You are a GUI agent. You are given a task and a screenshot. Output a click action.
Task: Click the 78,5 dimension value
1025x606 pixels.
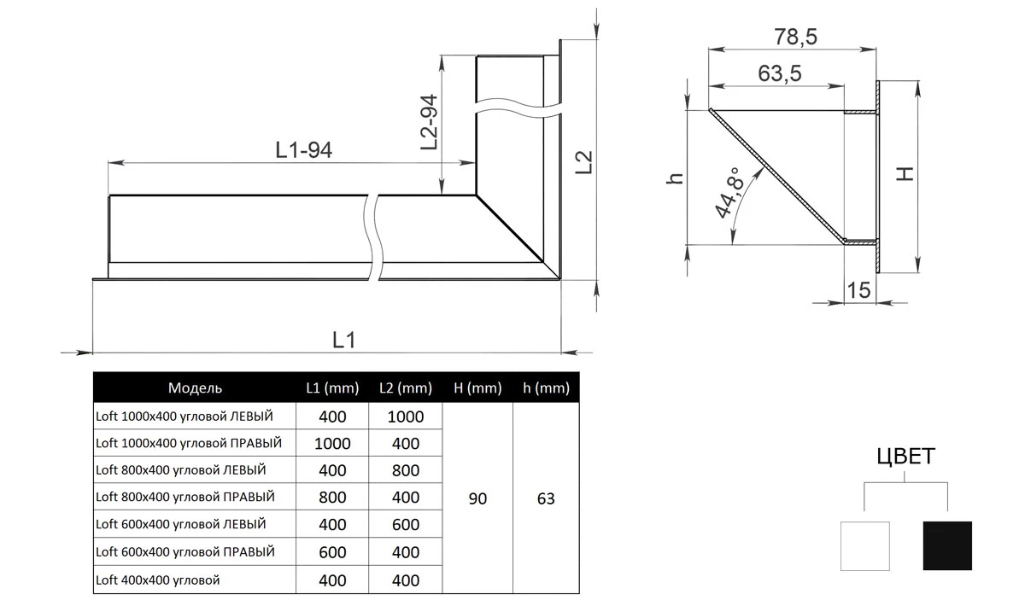pyautogui.click(x=795, y=37)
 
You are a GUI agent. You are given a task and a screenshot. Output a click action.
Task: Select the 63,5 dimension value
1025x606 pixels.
pyautogui.click(x=780, y=73)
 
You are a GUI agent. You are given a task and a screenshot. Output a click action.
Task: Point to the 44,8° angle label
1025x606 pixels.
pyautogui.click(x=730, y=192)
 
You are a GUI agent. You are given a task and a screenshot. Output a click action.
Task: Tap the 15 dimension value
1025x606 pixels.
pyautogui.click(x=858, y=290)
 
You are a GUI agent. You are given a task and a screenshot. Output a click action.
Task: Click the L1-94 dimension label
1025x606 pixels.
pyautogui.click(x=304, y=149)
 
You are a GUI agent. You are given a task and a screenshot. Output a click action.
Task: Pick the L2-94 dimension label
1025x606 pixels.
pyautogui.click(x=429, y=122)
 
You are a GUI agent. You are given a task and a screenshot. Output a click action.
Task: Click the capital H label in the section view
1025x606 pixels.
pyautogui.click(x=905, y=174)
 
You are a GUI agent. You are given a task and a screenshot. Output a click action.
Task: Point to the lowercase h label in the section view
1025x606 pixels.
pyautogui.click(x=675, y=178)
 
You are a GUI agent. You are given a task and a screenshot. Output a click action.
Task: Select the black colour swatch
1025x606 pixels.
pyautogui.click(x=947, y=545)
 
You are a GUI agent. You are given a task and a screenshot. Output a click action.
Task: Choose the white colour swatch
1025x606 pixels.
pyautogui.click(x=864, y=546)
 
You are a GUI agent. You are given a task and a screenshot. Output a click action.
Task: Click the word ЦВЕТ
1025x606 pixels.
pyautogui.click(x=905, y=457)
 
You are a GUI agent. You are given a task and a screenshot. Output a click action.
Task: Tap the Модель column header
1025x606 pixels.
pyautogui.click(x=195, y=387)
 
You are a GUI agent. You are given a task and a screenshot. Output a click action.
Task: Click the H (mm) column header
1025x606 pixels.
pyautogui.click(x=477, y=387)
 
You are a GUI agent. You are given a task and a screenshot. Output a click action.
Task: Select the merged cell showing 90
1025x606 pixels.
pyautogui.click(x=477, y=498)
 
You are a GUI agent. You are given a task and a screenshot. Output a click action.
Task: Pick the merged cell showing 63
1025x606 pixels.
pyautogui.click(x=546, y=498)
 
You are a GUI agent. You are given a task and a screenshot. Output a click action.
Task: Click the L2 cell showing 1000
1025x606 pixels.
pyautogui.click(x=406, y=417)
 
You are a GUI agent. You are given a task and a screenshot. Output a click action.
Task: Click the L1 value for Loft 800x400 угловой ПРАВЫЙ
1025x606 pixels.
pyautogui.click(x=332, y=497)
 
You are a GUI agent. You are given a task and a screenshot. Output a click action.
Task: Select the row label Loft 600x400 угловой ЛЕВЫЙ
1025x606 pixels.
pyautogui.click(x=181, y=524)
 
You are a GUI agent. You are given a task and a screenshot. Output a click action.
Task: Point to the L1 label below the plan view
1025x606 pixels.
pyautogui.click(x=343, y=340)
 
